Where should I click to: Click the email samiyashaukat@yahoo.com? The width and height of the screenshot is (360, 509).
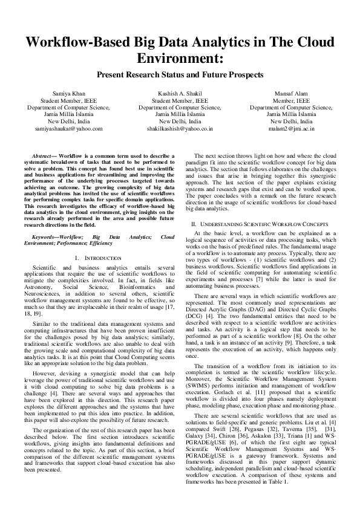tap(68, 128)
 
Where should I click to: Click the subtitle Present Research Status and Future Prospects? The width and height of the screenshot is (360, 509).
tap(180, 75)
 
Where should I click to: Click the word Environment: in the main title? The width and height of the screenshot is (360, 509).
tap(180, 60)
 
